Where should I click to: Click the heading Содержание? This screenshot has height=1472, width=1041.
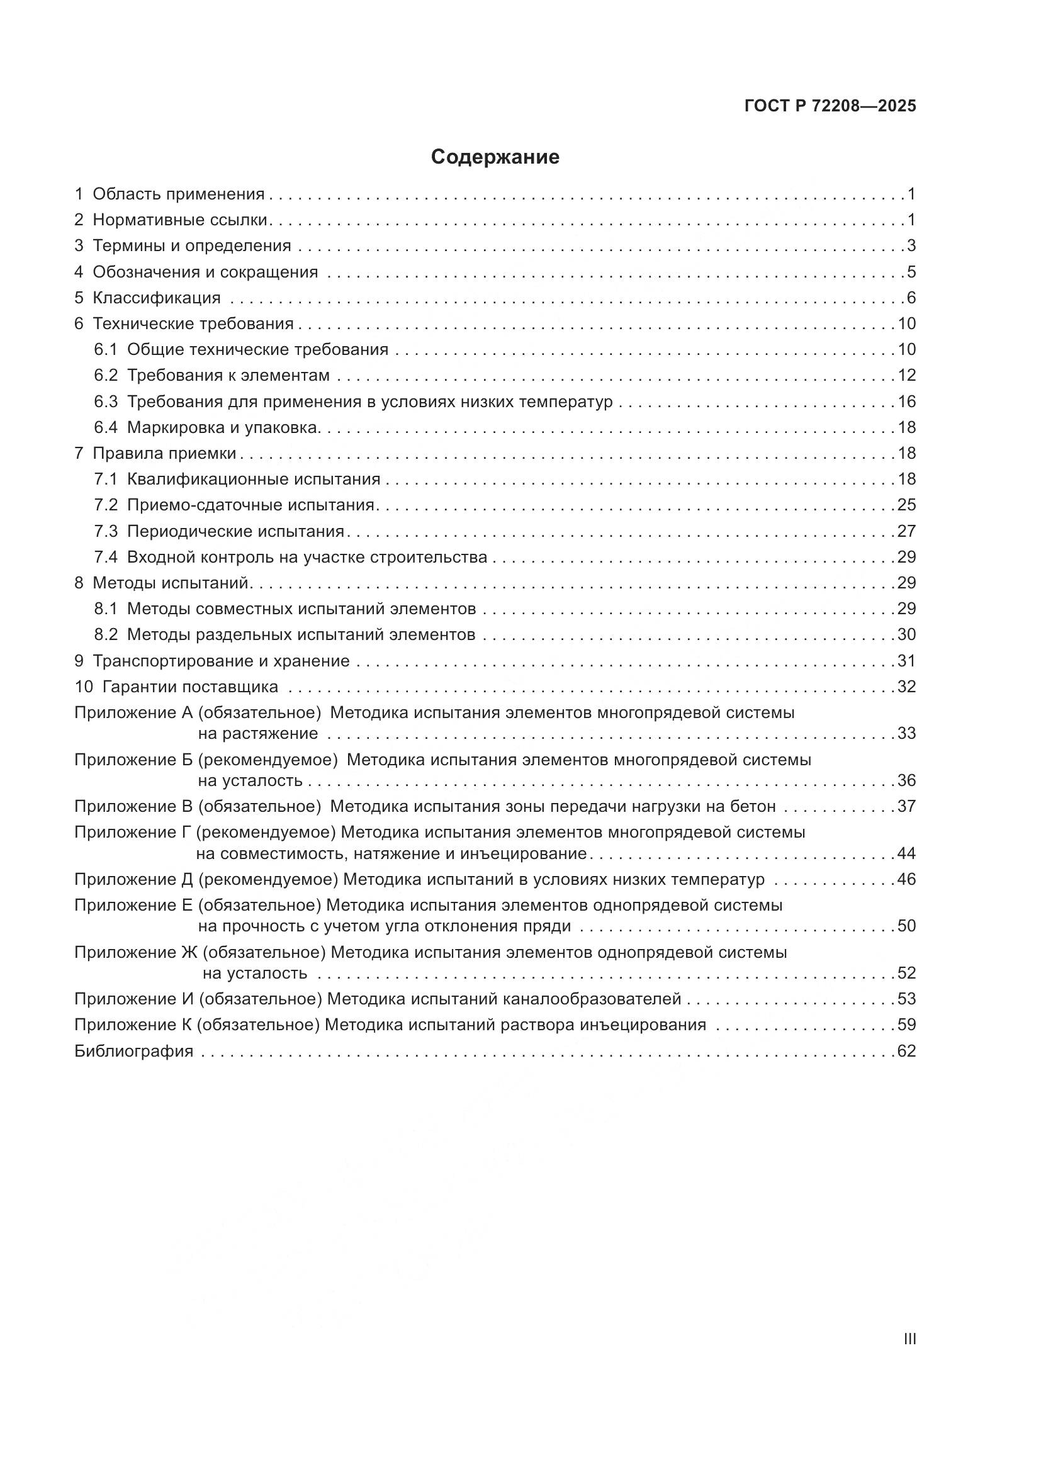pyautogui.click(x=495, y=157)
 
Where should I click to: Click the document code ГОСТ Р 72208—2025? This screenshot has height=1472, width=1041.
pyautogui.click(x=830, y=106)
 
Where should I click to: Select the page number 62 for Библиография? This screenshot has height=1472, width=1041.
pyautogui.click(x=906, y=1051)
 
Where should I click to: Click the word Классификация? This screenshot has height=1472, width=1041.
pyautogui.click(x=157, y=298)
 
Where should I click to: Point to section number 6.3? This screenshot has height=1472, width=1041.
pyautogui.click(x=106, y=402)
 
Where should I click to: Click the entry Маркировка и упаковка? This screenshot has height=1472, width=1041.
pyautogui.click(x=222, y=427)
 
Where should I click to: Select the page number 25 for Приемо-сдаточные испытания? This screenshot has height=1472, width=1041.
pyautogui.click(x=906, y=505)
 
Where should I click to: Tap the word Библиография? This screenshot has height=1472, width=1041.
pyautogui.click(x=134, y=1051)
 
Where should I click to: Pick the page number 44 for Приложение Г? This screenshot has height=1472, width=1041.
pyautogui.click(x=906, y=853)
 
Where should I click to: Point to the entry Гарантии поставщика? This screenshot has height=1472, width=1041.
pyautogui.click(x=189, y=687)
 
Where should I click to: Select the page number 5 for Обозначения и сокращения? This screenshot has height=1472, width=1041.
pyautogui.click(x=911, y=272)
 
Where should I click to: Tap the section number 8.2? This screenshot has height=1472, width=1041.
pyautogui.click(x=106, y=635)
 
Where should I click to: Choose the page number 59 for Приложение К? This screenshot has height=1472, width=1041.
pyautogui.click(x=906, y=1025)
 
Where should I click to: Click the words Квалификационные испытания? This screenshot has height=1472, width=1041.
pyautogui.click(x=254, y=479)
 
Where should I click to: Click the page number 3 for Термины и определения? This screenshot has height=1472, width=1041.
pyautogui.click(x=911, y=245)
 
